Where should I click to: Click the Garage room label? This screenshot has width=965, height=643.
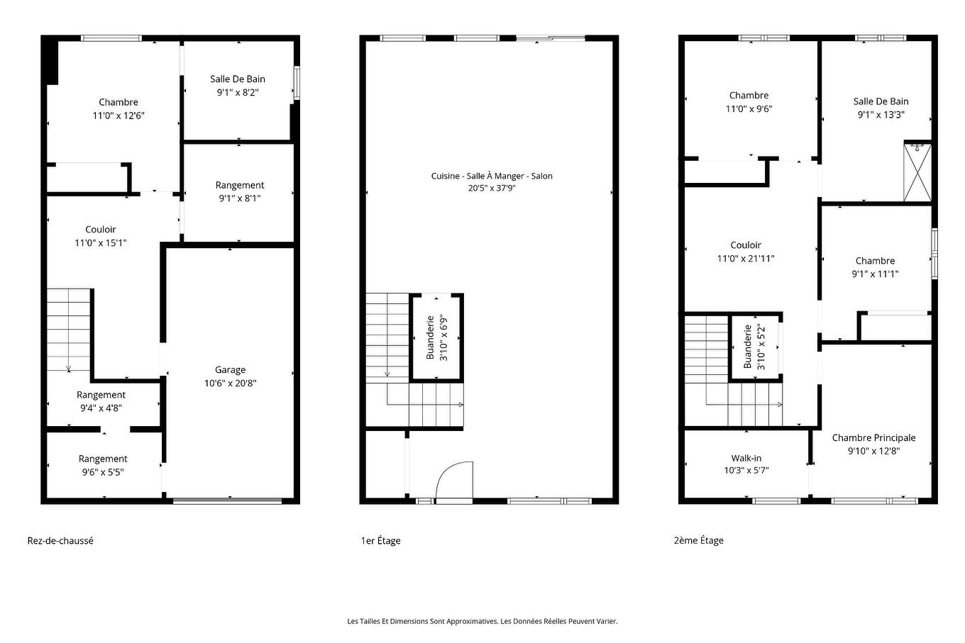tap(230, 369)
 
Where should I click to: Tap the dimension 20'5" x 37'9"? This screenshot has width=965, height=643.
tap(491, 189)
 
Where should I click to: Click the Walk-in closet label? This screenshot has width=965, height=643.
tap(746, 458)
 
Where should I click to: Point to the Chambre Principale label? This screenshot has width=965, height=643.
tap(873, 437)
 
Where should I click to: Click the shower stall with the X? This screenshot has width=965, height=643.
tap(917, 172)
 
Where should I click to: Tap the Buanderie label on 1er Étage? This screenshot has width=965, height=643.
tap(430, 337)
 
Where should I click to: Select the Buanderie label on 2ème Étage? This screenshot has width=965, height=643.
tap(747, 347)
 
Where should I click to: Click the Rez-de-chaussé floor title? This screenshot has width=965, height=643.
tap(60, 540)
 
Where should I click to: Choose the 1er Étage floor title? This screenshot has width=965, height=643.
tap(380, 541)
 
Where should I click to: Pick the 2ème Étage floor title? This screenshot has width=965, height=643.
tap(698, 540)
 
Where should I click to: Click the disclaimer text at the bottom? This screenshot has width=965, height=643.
tap(482, 621)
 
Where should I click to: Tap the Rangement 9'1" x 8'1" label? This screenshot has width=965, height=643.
tap(240, 191)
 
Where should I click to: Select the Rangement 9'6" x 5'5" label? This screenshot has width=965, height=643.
tap(103, 465)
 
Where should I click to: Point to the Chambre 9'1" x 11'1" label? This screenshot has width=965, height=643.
tap(875, 267)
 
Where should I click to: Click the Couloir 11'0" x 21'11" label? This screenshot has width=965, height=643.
tap(746, 252)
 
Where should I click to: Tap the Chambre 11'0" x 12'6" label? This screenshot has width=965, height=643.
tap(118, 108)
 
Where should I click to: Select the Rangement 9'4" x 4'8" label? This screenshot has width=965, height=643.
tap(101, 401)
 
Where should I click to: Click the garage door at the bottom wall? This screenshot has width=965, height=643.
tap(227, 501)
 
